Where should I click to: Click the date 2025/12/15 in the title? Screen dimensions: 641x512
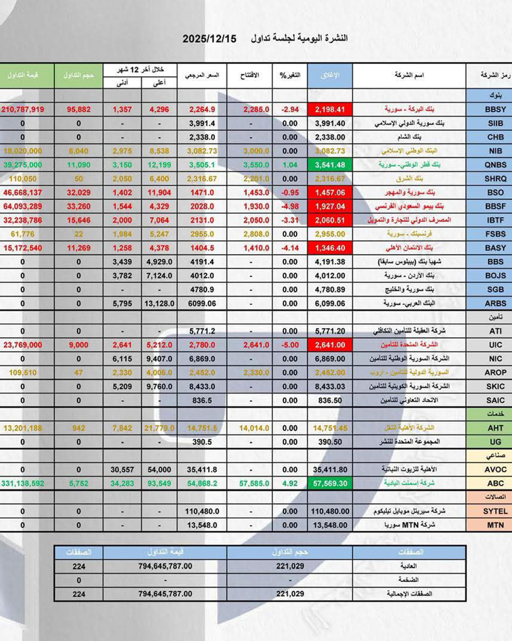[x=209, y=39]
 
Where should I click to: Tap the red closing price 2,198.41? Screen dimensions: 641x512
[x=330, y=109]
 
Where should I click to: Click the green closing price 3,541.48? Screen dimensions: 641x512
[x=330, y=165]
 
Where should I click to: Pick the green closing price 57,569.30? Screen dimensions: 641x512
[x=330, y=483]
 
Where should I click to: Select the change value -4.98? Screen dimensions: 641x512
[x=290, y=206]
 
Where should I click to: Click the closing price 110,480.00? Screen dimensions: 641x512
[x=330, y=511]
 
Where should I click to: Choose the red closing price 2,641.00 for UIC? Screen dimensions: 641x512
[x=330, y=345]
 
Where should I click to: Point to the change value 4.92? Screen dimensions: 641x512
[x=290, y=483]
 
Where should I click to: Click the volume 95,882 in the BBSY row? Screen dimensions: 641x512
[x=78, y=109]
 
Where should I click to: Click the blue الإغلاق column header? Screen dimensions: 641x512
[x=330, y=75]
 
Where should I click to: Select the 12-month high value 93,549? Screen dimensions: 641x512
[x=159, y=483]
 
